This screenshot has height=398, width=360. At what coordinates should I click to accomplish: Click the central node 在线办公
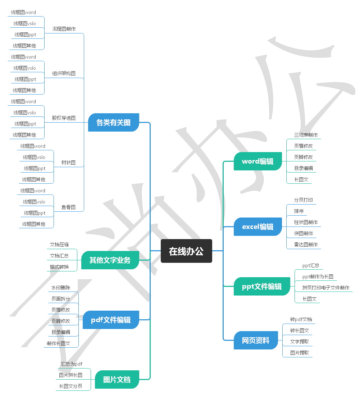coord(186,251)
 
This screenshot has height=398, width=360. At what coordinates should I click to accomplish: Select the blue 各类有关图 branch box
coord(113,123)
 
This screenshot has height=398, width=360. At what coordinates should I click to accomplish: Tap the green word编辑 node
coord(258,161)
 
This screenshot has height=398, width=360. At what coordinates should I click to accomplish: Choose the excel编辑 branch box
coord(258,227)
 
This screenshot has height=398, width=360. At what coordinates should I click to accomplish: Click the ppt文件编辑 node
coord(262,287)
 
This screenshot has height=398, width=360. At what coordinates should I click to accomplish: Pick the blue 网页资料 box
coord(255,340)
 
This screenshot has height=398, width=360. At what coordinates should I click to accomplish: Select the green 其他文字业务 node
coord(110,260)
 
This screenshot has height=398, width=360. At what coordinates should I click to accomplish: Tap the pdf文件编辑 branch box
coord(110,320)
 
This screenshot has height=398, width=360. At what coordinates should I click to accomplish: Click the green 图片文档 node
coord(117,380)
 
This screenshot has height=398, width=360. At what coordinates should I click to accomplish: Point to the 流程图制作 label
coord(64,29)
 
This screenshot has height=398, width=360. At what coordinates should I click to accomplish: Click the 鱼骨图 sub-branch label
coord(68,207)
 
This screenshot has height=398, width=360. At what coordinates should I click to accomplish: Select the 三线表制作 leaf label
coord(306,135)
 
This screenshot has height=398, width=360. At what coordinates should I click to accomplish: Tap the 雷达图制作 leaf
coord(306,244)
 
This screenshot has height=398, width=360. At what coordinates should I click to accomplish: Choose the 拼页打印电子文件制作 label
coord(325,288)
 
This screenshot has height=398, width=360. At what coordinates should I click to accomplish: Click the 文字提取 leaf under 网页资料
coord(299,342)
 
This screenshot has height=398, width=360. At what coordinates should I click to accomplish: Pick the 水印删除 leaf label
coord(60,288)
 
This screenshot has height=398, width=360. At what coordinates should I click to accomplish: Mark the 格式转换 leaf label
coord(59,267)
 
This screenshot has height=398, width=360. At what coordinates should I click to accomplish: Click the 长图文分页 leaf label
coord(70,386)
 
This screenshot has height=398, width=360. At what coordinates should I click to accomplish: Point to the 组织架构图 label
coord(64,73)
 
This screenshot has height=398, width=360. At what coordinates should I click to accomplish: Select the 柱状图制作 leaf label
coord(306,222)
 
